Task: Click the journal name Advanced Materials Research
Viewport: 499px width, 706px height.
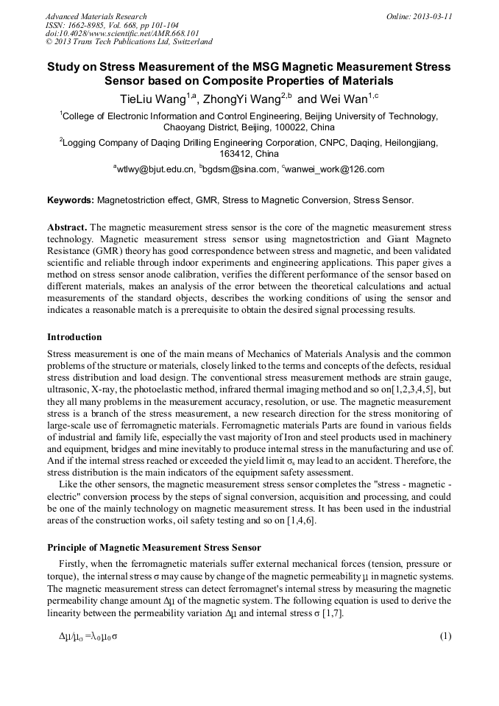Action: click(x=96, y=16)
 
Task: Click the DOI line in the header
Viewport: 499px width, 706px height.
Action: click(x=122, y=33)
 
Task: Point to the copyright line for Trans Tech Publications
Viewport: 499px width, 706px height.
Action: click(x=129, y=42)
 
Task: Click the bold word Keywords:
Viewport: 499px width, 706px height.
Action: click(x=71, y=200)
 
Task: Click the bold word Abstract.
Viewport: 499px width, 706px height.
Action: click(x=68, y=227)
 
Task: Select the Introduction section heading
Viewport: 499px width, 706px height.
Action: click(x=74, y=337)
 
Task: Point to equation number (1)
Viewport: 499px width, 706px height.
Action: click(x=445, y=635)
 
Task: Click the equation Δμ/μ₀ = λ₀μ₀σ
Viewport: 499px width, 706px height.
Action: click(x=88, y=635)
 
